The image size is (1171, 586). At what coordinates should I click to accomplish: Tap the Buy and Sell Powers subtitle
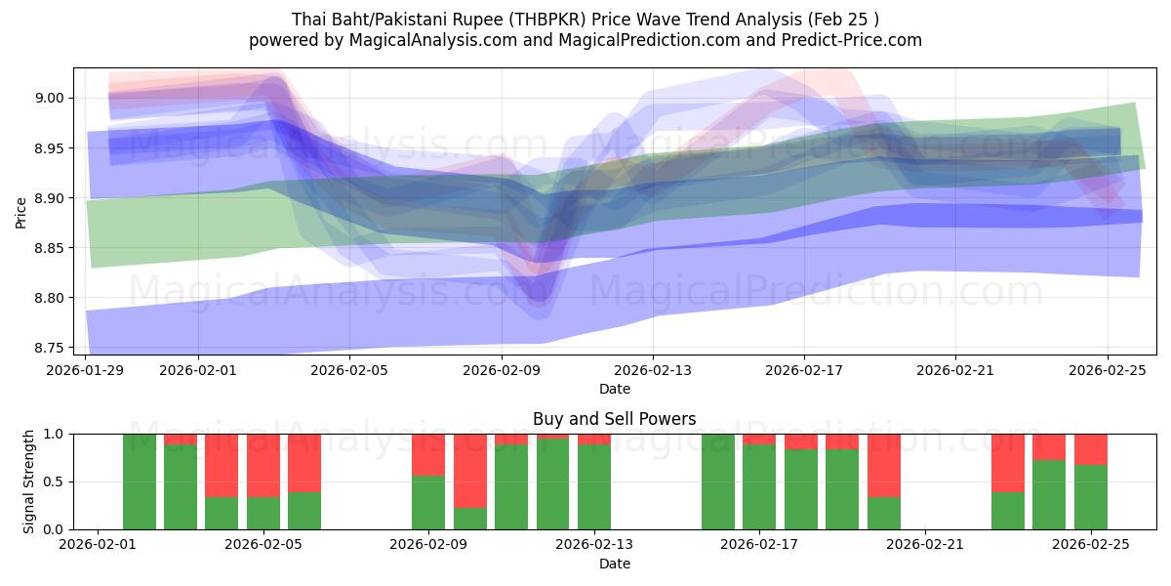[614, 419]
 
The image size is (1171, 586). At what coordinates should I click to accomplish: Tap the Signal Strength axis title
[29, 481]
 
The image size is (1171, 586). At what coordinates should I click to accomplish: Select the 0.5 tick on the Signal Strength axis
[55, 481]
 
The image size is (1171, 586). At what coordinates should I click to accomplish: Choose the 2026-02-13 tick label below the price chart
[653, 370]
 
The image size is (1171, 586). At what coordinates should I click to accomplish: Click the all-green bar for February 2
[140, 481]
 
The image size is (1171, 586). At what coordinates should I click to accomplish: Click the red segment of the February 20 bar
[884, 465]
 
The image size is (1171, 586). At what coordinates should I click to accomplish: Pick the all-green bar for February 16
[718, 481]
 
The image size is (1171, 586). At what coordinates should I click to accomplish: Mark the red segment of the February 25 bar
[1091, 448]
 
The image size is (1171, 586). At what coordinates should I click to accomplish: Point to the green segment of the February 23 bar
[1008, 511]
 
